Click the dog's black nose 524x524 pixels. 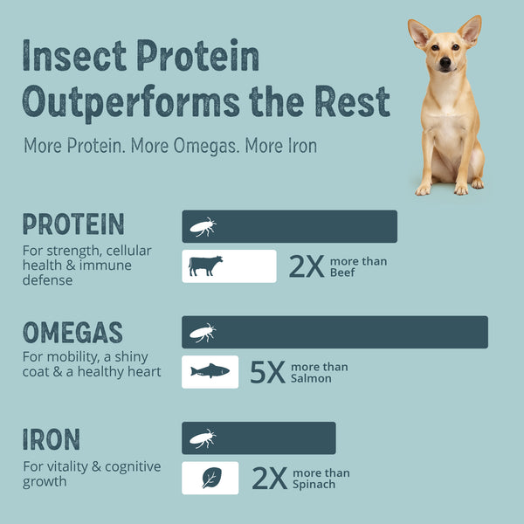(445, 62)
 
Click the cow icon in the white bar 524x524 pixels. (205, 266)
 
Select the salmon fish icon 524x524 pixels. (210, 371)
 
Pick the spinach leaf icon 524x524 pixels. (212, 478)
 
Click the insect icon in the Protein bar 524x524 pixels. (203, 227)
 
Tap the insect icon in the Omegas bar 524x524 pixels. (203, 333)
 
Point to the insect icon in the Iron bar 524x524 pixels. (203, 438)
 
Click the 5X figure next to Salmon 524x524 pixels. (268, 372)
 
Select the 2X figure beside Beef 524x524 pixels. (307, 266)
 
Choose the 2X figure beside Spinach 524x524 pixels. (270, 479)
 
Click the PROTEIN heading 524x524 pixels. (73, 224)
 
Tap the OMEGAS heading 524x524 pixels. (72, 332)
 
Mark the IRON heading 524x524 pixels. (52, 439)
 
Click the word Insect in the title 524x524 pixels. (74, 55)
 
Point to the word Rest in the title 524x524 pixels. (352, 101)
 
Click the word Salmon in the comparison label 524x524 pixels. (311, 378)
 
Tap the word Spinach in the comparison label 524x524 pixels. (314, 485)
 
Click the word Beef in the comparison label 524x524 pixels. (342, 272)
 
